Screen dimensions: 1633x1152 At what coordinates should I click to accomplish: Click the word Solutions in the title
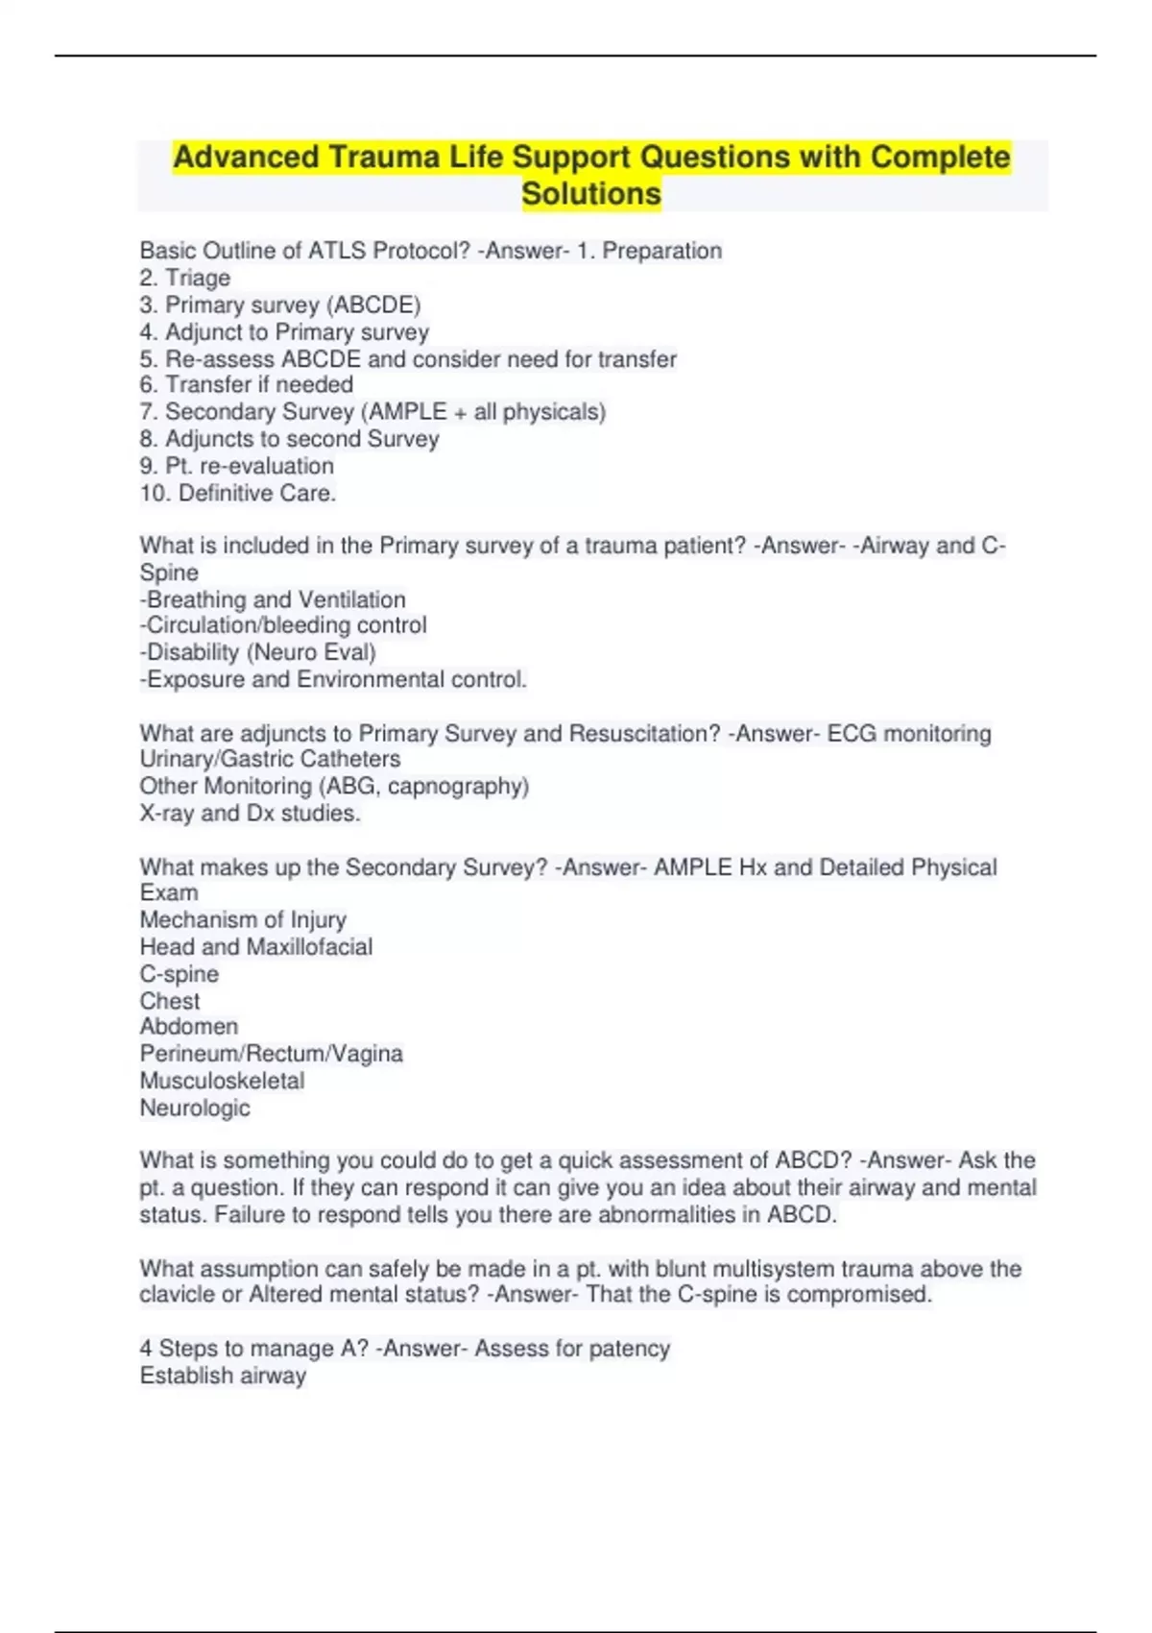pyautogui.click(x=591, y=193)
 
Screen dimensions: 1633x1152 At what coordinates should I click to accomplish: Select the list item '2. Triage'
pyautogui.click(x=185, y=278)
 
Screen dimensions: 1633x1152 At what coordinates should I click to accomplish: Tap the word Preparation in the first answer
pyautogui.click(x=661, y=251)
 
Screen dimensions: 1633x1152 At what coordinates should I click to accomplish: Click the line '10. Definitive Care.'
pyautogui.click(x=238, y=493)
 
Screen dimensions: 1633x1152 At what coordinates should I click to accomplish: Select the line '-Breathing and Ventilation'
pyautogui.click(x=273, y=599)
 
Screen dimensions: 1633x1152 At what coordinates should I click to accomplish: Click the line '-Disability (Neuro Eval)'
pyautogui.click(x=258, y=652)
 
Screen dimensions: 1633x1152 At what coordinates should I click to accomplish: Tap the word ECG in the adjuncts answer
pyautogui.click(x=852, y=734)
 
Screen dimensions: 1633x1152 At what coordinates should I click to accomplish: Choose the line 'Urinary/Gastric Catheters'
pyautogui.click(x=270, y=759)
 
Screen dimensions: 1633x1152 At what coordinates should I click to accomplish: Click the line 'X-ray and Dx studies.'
pyautogui.click(x=251, y=813)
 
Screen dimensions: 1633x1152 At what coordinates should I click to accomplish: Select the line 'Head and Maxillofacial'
pyautogui.click(x=256, y=947)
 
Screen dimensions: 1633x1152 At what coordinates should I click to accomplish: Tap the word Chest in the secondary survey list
pyautogui.click(x=170, y=1001)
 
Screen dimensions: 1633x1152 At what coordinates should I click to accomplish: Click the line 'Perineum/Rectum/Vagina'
pyautogui.click(x=272, y=1054)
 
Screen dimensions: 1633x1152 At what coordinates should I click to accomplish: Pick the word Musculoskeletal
pyautogui.click(x=222, y=1081)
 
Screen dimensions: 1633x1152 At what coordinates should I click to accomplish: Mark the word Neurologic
pyautogui.click(x=195, y=1108)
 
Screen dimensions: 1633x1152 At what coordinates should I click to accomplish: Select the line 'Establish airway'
pyautogui.click(x=223, y=1376)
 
